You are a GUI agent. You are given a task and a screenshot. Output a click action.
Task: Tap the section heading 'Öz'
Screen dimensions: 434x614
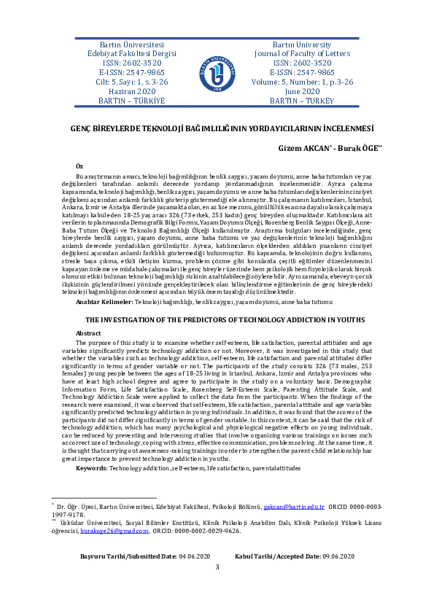pos(80,168)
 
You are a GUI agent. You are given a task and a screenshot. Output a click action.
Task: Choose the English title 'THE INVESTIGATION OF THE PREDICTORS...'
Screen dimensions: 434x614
pos(216,320)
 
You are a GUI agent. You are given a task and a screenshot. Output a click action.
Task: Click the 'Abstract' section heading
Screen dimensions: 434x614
pos(88,332)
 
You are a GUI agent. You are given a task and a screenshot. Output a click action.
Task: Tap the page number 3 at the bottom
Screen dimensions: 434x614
pos(217,588)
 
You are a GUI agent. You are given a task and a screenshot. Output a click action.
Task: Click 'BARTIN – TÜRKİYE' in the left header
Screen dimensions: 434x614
pos(122,101)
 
